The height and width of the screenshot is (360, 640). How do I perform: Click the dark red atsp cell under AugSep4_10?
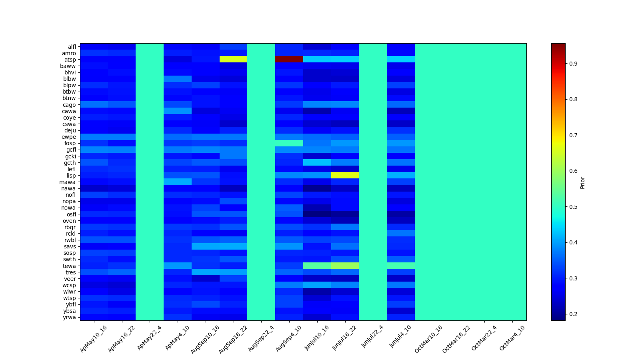(289, 59)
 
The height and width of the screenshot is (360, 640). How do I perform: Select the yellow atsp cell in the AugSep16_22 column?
(233, 59)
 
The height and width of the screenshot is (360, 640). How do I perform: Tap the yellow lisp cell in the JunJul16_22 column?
(345, 175)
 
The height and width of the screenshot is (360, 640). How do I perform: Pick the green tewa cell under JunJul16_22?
(345, 266)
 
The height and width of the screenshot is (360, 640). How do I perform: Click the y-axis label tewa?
(70, 266)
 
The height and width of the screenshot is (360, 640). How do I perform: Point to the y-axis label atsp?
(70, 60)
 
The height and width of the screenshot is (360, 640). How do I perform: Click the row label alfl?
(72, 47)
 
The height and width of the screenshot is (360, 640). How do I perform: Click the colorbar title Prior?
(582, 182)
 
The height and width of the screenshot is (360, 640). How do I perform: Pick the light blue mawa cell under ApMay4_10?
(177, 182)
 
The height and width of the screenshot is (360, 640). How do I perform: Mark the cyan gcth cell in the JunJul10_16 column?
(317, 162)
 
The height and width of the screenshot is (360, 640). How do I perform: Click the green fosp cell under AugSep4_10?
(289, 143)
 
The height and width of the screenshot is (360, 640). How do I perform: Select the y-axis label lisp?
(71, 176)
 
